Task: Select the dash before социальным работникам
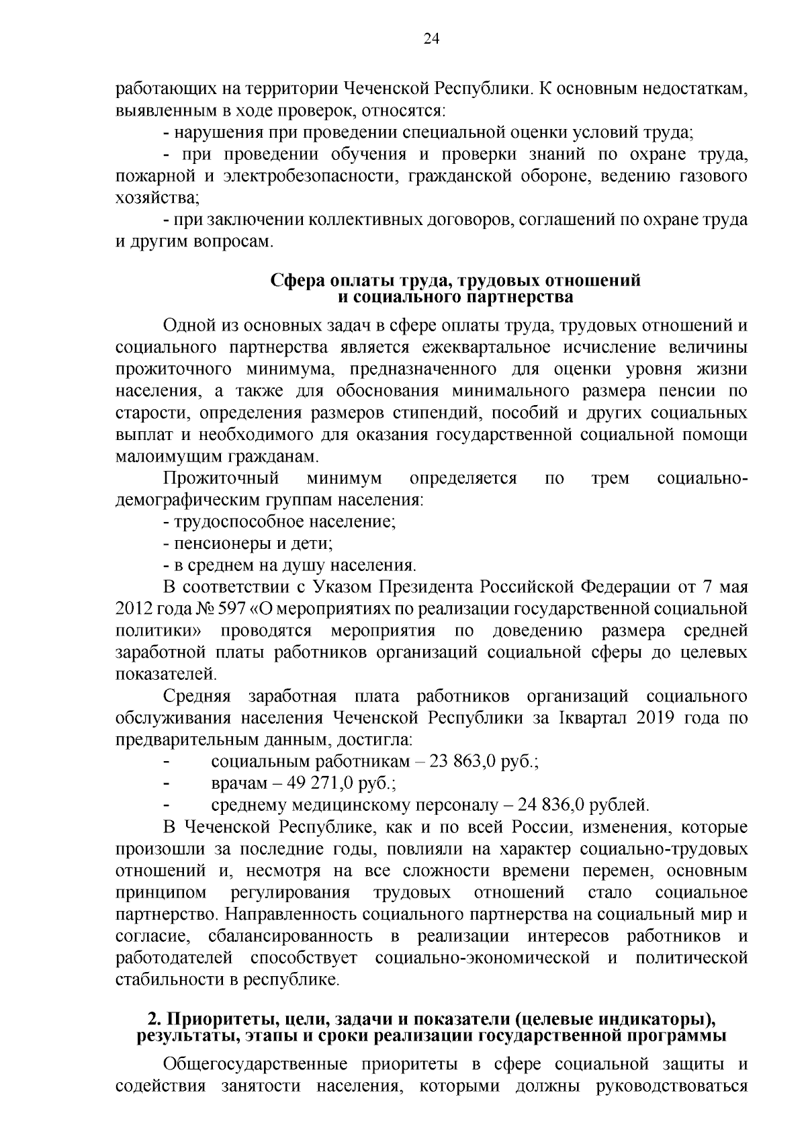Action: (167, 762)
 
